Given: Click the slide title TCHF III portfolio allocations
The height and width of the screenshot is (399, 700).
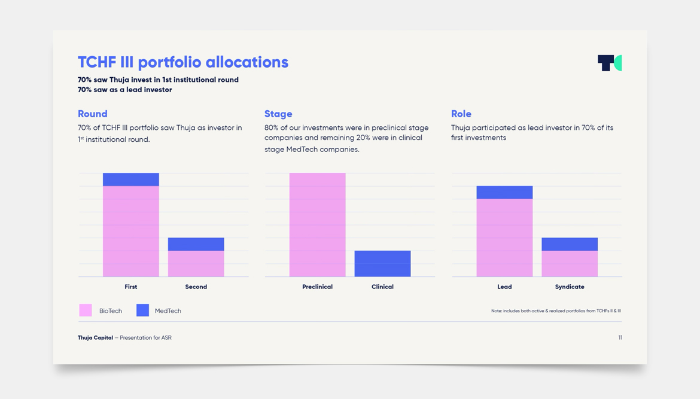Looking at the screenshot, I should (x=183, y=62).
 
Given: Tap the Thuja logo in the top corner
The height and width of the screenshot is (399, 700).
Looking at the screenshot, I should (x=609, y=63).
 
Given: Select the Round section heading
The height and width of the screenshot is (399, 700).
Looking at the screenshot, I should (x=93, y=114).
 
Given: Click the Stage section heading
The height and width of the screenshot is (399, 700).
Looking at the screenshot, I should (x=278, y=114).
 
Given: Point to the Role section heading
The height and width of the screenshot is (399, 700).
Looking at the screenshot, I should (x=461, y=114).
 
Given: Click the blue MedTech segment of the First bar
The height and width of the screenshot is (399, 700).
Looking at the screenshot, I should (x=131, y=179).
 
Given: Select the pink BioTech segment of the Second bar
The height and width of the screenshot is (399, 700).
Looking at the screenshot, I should (x=196, y=263).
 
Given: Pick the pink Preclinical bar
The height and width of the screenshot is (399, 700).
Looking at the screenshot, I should (x=318, y=225).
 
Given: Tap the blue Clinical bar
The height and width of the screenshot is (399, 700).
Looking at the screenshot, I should (x=382, y=263).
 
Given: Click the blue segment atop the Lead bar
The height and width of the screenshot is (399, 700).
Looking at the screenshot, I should (x=504, y=192).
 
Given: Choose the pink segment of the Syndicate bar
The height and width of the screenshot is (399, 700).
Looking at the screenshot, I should (x=570, y=263).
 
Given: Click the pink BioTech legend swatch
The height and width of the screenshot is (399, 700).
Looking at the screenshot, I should (x=86, y=310).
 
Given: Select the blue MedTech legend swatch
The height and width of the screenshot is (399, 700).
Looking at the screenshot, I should (x=142, y=310).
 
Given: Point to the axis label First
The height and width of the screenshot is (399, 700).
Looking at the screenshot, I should (x=131, y=287).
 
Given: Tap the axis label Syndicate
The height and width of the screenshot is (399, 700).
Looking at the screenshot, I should (x=570, y=287).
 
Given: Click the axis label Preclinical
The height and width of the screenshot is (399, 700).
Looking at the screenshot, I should (x=318, y=287).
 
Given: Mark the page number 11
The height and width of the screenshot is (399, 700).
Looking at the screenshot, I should (x=620, y=338).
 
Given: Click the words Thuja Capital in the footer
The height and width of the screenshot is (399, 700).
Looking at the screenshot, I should (x=95, y=338).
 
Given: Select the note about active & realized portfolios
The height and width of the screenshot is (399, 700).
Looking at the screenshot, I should (x=556, y=311).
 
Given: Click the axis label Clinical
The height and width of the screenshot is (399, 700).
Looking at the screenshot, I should (x=382, y=287).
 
